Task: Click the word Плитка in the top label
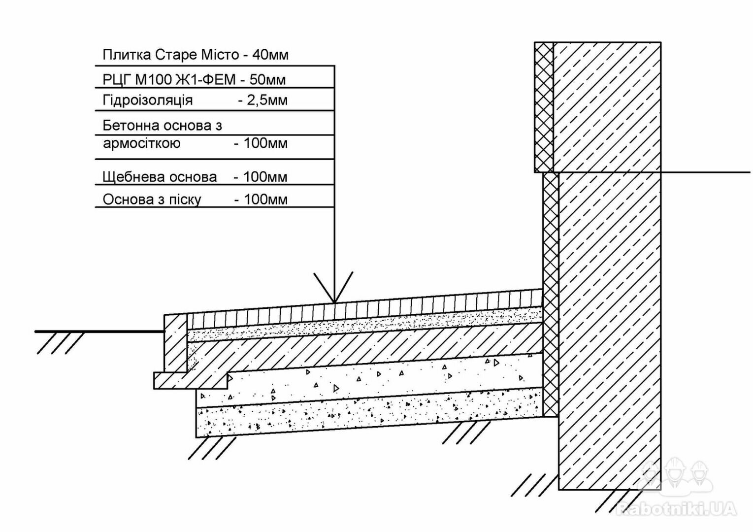127,55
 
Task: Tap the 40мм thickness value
270,55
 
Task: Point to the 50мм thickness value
267,80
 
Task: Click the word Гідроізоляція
148,100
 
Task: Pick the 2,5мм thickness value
267,100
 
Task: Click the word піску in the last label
185,200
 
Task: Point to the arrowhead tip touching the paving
334,302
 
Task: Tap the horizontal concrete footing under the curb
190,381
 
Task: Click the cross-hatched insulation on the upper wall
544,107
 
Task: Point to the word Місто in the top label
220,55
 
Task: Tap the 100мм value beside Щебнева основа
265,177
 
